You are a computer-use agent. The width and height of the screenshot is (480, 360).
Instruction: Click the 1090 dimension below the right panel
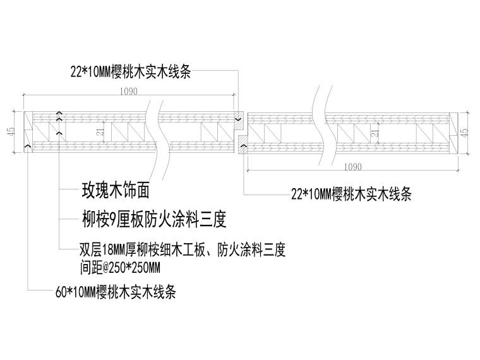click(x=353, y=167)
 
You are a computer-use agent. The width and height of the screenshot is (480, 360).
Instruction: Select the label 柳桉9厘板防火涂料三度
click(x=153, y=219)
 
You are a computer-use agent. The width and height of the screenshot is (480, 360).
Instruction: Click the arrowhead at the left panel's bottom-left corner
click(x=27, y=147)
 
